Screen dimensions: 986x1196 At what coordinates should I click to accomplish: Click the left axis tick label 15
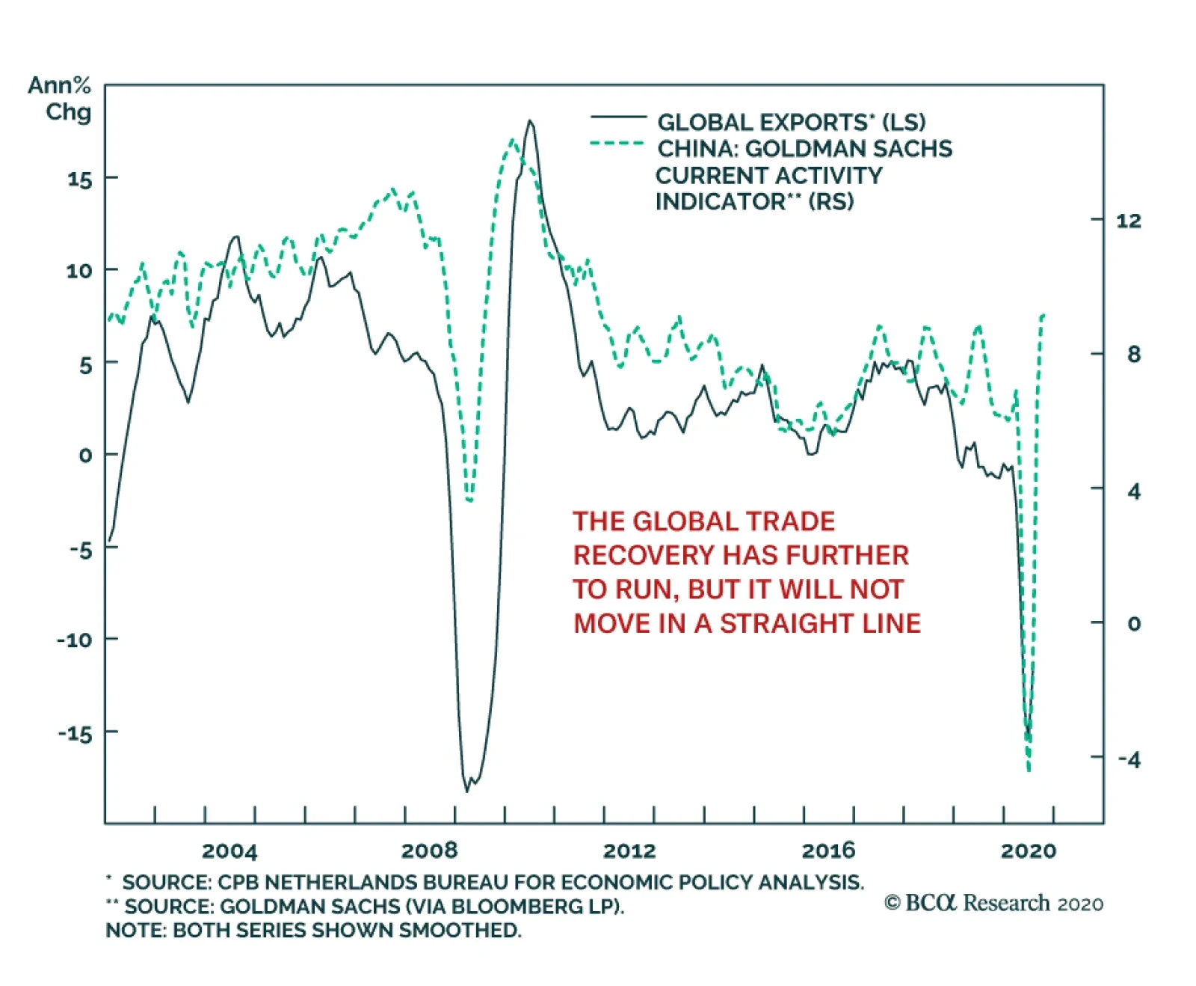tap(80, 180)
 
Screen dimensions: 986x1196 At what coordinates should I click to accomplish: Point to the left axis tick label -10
tap(75, 640)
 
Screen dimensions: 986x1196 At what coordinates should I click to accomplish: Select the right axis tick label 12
tap(1129, 221)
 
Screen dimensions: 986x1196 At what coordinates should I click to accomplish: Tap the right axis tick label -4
tap(1129, 760)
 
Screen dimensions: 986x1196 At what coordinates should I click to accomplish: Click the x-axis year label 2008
tap(429, 851)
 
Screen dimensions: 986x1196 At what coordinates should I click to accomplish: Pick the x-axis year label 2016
tap(828, 851)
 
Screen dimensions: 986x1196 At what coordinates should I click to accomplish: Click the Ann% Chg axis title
tap(60, 99)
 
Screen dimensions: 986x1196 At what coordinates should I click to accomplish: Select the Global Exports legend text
tap(791, 122)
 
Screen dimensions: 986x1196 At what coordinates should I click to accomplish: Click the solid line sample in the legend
tap(618, 117)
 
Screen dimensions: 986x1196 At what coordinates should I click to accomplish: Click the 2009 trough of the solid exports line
tap(467, 790)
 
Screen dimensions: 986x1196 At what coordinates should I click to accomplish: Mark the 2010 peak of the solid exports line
tap(530, 120)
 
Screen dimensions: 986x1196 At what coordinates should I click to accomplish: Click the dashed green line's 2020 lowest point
tap(1029, 769)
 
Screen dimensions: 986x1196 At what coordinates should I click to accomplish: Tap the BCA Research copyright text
tap(993, 904)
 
